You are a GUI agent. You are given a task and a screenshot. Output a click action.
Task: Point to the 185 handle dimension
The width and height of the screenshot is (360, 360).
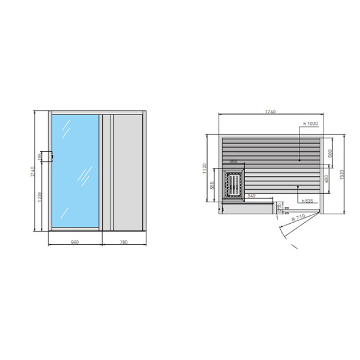pyautogui.click(x=40, y=157)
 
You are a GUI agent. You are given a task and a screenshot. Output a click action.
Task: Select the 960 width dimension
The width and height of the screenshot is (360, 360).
pyautogui.click(x=75, y=242)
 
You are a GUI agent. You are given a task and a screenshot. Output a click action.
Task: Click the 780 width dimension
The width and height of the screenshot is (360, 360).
pyautogui.click(x=124, y=242)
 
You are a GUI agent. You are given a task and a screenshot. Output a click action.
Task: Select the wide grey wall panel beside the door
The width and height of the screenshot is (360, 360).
pyautogui.click(x=127, y=172)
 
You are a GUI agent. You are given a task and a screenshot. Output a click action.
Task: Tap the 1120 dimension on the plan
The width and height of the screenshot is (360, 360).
pyautogui.click(x=204, y=169)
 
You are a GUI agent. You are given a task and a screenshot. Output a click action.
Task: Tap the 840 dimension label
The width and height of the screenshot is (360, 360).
pyautogui.click(x=251, y=197)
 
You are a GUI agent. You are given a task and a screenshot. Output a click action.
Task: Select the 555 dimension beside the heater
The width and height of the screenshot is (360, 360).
pyautogui.click(x=212, y=186)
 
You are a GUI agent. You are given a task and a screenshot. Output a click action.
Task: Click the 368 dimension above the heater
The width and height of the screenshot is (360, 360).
pyautogui.click(x=233, y=162)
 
